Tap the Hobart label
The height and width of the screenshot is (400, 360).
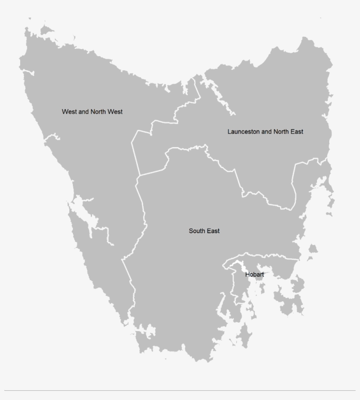tap(255, 274)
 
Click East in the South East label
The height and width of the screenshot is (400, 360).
tap(214, 231)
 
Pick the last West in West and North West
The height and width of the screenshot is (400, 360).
tap(115, 112)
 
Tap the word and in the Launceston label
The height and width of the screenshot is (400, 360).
tap(266, 131)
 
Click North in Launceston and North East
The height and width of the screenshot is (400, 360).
tap(281, 131)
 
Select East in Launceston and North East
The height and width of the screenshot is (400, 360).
tap(297, 131)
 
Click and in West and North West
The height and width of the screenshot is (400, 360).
tap(83, 112)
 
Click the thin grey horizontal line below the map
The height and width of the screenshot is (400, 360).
tap(180, 390)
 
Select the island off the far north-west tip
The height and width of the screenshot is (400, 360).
tap(45, 30)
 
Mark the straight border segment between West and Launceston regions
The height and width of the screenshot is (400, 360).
tap(136, 158)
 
